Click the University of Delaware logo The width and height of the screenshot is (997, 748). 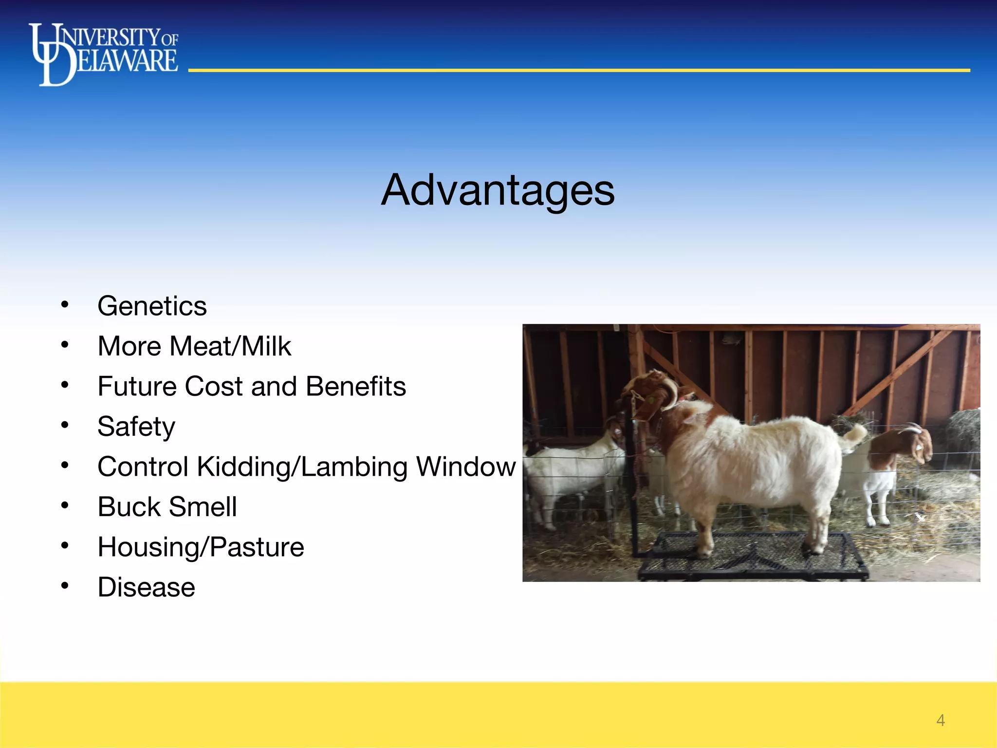click(x=103, y=54)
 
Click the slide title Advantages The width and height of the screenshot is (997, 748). click(x=498, y=190)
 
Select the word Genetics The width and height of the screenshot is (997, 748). click(x=152, y=306)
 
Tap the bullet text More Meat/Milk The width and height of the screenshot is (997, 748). click(x=194, y=346)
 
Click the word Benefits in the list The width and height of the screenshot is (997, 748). click(x=356, y=387)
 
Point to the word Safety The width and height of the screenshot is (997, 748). click(x=136, y=427)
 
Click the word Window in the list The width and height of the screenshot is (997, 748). click(x=465, y=467)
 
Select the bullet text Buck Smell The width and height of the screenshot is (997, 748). click(x=167, y=507)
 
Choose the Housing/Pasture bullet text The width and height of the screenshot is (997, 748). click(x=201, y=547)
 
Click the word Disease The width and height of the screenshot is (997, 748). click(x=146, y=587)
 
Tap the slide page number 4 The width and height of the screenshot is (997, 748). click(x=941, y=720)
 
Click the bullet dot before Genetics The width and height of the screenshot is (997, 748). click(x=65, y=305)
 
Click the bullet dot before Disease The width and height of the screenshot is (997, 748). click(x=65, y=586)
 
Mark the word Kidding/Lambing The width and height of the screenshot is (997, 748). click(x=304, y=467)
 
